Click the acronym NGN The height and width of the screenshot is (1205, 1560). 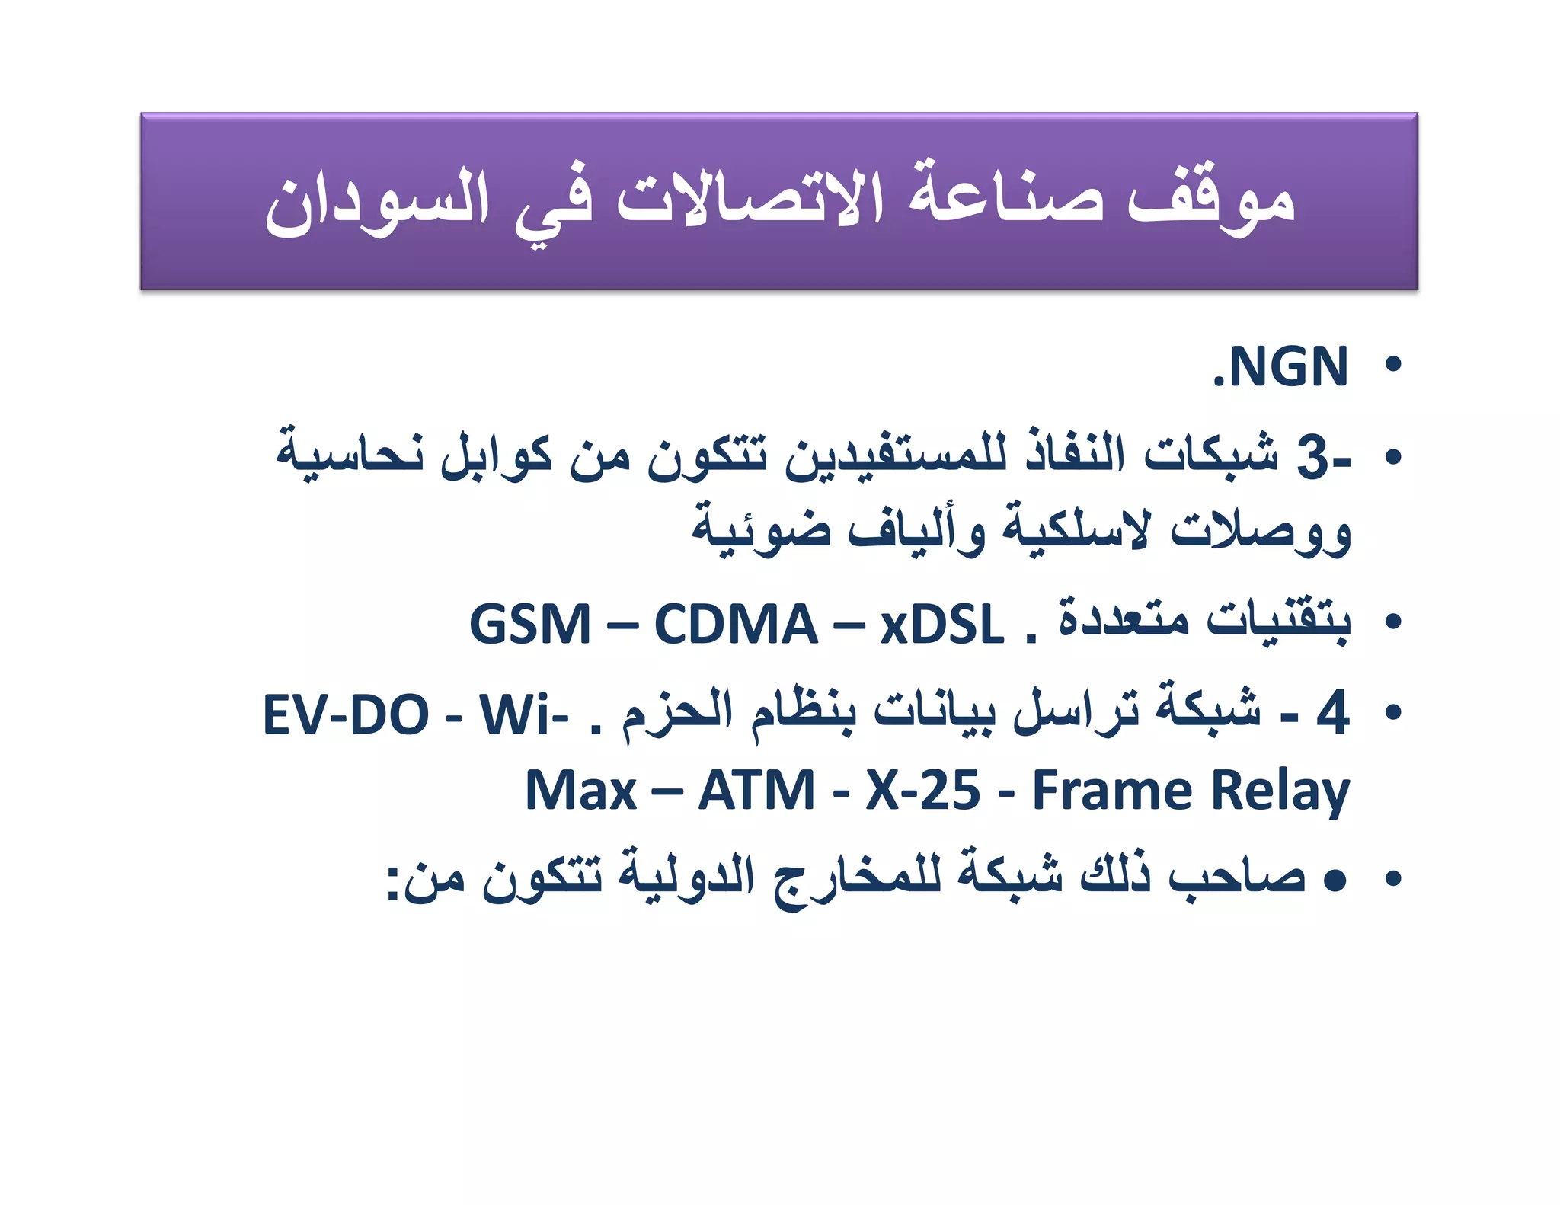pos(1288,367)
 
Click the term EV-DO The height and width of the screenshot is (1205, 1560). pos(346,714)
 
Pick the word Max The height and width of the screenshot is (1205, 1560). pos(580,791)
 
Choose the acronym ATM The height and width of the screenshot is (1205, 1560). pos(756,791)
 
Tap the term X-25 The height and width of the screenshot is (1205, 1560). pos(922,791)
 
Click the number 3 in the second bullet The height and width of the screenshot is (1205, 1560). pos(1313,458)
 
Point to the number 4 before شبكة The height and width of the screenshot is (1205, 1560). pos(1332,712)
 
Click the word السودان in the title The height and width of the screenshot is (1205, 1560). pos(376,201)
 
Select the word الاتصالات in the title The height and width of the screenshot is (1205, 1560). pos(750,198)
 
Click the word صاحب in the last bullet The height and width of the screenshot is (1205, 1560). pos(1238,878)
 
